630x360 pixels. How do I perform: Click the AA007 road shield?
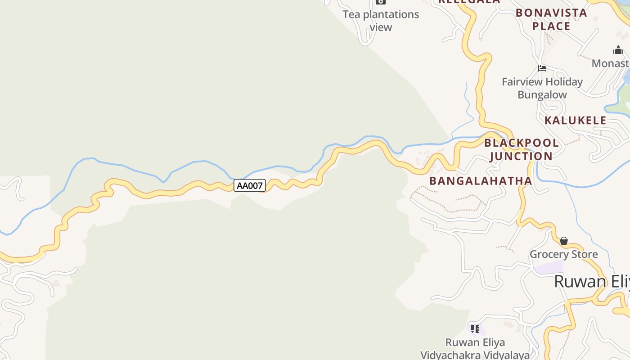coord(250,185)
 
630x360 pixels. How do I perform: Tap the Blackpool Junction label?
coord(521,149)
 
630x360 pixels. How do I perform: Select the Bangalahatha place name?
coord(481,181)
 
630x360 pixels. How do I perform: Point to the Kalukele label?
coord(576,121)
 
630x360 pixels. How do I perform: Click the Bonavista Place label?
coord(551,19)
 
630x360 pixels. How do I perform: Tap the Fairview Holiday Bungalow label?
coord(542,88)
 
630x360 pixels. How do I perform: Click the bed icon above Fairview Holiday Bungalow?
coord(542,68)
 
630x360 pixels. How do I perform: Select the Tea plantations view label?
coord(381,21)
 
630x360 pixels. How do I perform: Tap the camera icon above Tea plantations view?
coord(381,2)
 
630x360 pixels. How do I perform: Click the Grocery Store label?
coord(564,254)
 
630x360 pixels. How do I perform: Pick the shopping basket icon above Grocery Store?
coord(564,241)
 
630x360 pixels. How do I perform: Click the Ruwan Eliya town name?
coord(591,281)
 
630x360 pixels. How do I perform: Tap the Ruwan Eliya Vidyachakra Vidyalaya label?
coord(475,349)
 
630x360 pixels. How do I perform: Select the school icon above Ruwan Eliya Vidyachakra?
coord(475,329)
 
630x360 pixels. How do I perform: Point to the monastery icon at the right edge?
coord(618,50)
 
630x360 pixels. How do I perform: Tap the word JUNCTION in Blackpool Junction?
coord(521,156)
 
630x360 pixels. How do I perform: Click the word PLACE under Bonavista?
coord(551,26)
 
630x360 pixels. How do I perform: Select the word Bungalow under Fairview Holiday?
coord(542,95)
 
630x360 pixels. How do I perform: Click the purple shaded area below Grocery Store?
coord(549,267)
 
